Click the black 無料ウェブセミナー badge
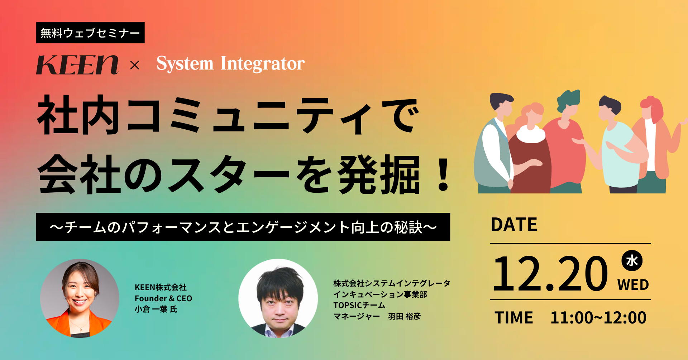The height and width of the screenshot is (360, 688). click(90, 33)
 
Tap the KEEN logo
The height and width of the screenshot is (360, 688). click(77, 65)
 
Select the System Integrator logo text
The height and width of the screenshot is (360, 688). click(230, 64)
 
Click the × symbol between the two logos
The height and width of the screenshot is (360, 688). click(135, 65)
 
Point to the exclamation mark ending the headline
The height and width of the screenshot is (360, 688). click(443, 174)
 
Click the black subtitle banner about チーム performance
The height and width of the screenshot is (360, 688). click(243, 227)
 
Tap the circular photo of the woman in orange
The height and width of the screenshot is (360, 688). click(80, 298)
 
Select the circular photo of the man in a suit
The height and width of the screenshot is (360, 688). click(278, 298)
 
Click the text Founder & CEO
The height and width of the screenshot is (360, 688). click(163, 298)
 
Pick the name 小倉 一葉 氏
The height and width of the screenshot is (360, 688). click(156, 309)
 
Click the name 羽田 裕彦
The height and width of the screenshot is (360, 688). click(405, 316)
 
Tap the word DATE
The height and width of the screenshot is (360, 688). click(514, 225)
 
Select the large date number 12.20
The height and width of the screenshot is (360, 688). click(550, 273)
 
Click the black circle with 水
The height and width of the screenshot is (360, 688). click(632, 260)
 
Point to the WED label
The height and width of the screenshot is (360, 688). click(633, 285)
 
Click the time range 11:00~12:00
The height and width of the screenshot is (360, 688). click(598, 318)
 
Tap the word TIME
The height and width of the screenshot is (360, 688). click(514, 318)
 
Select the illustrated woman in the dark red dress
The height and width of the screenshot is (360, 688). click(529, 150)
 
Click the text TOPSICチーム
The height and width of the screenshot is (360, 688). click(359, 305)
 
